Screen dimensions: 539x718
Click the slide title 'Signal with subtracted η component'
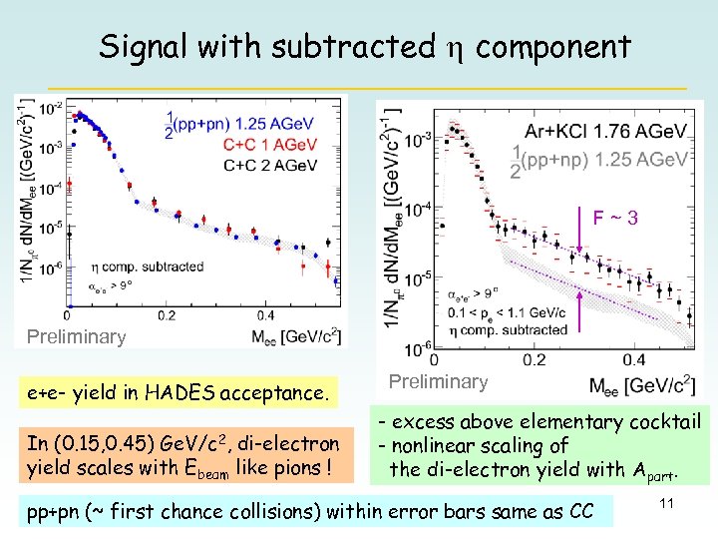click(364, 46)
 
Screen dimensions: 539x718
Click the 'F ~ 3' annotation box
click(615, 216)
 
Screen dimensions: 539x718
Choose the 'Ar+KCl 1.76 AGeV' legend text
click(605, 132)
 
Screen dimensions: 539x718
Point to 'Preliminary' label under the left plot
click(76, 337)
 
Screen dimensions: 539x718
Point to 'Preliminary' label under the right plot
click(438, 381)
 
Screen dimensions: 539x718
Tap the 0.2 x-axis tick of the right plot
click(534, 359)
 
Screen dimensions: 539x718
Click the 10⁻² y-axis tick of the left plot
click(51, 107)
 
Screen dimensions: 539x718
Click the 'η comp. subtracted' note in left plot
click(147, 267)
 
